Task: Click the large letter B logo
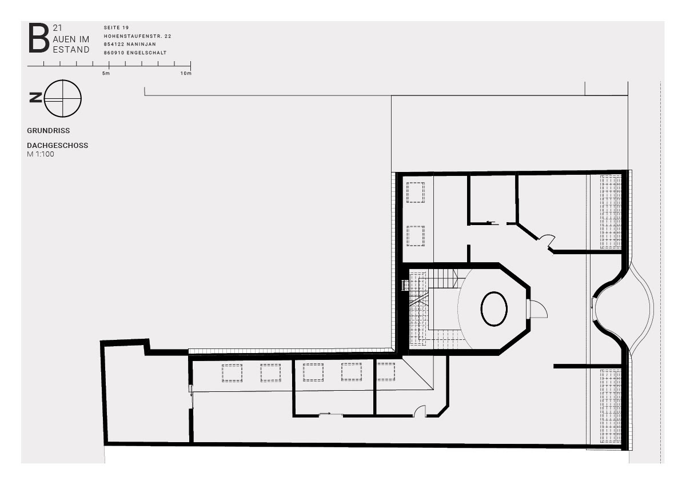click(39, 38)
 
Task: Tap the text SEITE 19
click(116, 27)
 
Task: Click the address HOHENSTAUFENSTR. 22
click(138, 36)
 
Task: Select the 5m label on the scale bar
click(106, 73)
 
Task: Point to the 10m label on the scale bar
click(186, 73)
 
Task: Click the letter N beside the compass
click(35, 98)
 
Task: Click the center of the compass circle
click(63, 98)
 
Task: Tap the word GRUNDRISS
click(49, 131)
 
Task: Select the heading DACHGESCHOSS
click(58, 145)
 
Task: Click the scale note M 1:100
click(41, 154)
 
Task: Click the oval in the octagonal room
click(494, 308)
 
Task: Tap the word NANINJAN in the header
click(141, 45)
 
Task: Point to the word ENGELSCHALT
click(146, 53)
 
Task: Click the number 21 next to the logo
click(57, 28)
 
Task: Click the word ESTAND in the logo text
click(71, 49)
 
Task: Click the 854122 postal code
click(114, 45)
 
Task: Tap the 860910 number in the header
click(114, 53)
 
